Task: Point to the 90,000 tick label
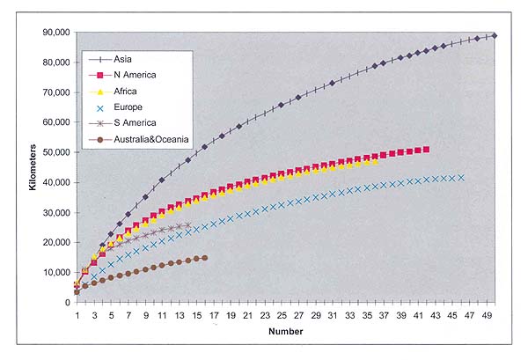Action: [x=53, y=33]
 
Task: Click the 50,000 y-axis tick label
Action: [x=53, y=152]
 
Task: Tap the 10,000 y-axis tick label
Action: [x=53, y=272]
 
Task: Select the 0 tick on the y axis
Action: [x=67, y=302]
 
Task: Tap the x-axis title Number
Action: [x=287, y=333]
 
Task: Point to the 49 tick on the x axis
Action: [x=487, y=313]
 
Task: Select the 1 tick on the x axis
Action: [x=77, y=313]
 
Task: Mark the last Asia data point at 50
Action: [x=495, y=35]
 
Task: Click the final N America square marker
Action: [x=427, y=150]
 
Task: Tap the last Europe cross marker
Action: [x=461, y=178]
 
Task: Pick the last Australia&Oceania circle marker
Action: [x=205, y=258]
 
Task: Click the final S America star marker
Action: [x=187, y=225]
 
